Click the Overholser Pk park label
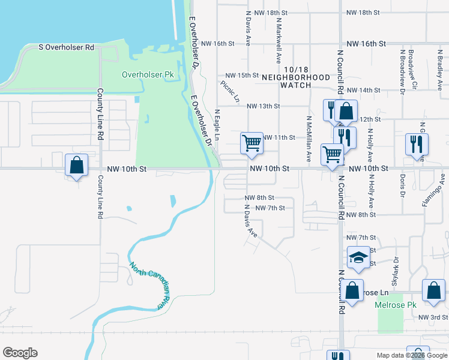coord(148,75)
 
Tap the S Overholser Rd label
coord(67,47)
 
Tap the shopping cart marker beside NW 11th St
coord(252,143)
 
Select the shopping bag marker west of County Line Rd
coord(76,165)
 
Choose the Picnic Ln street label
coord(230,91)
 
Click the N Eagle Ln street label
coord(217,125)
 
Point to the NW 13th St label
coord(264,106)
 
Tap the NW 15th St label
coord(242,75)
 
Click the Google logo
coord(20,353)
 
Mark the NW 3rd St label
coord(433,317)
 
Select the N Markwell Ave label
coord(279,41)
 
